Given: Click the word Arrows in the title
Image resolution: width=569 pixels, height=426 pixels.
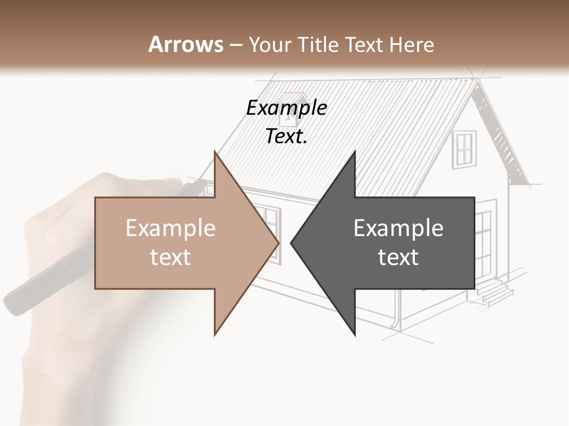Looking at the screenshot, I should pyautogui.click(x=186, y=44).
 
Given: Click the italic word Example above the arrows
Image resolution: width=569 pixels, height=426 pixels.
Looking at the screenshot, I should pyautogui.click(x=286, y=108).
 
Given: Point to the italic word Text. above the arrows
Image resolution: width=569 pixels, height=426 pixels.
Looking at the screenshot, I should pyautogui.click(x=286, y=136).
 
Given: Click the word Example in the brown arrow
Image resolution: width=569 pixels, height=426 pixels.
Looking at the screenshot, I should pyautogui.click(x=171, y=228).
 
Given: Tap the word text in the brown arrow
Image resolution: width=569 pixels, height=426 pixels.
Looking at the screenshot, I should pyautogui.click(x=171, y=257).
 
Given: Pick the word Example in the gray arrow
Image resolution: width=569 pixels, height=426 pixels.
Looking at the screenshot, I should pyautogui.click(x=398, y=228).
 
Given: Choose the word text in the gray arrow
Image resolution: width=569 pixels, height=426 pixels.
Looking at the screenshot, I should pyautogui.click(x=398, y=257).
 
